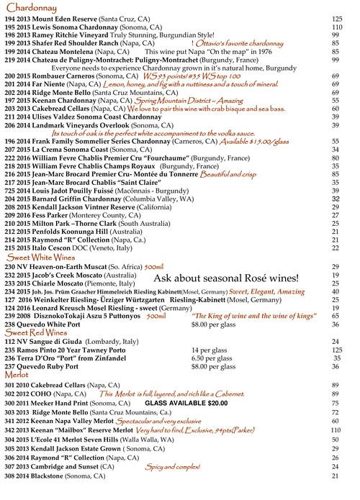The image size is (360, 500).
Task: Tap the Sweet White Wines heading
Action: point(40,258)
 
